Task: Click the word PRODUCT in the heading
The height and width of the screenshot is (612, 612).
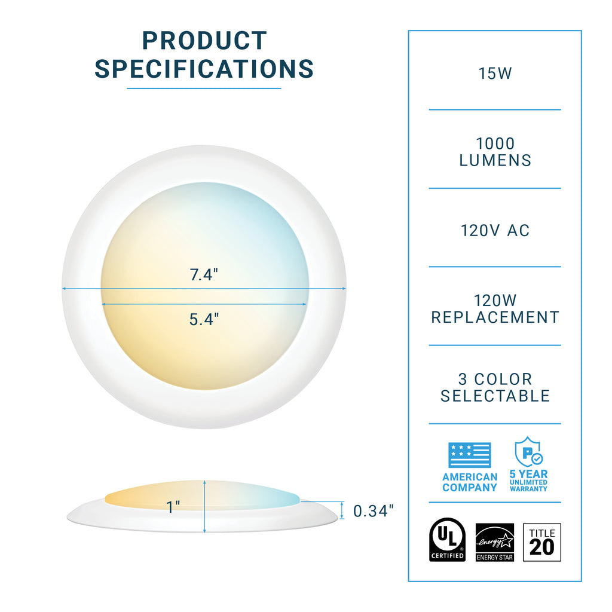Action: point(204,41)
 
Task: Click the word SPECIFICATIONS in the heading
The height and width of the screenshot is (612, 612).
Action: point(204,69)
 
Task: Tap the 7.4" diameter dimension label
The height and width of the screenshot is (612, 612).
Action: point(204,276)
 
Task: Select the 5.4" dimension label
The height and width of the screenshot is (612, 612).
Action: point(204,319)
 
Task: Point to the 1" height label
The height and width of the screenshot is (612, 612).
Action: point(173,507)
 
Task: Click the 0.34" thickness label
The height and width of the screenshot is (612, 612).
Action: point(374,511)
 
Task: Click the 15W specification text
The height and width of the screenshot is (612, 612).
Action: point(495,74)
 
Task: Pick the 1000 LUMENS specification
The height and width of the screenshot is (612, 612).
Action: point(495,152)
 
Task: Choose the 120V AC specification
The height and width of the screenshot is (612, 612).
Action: point(495,231)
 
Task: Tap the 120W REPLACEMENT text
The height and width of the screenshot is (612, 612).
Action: point(495,309)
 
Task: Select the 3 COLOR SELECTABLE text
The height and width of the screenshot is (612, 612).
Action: point(495,387)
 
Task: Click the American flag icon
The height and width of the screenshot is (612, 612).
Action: point(470,455)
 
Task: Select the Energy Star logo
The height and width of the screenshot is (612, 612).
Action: point(494,542)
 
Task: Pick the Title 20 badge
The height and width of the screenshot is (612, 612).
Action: point(542,542)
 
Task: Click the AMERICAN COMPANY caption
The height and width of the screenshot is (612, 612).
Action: point(470,482)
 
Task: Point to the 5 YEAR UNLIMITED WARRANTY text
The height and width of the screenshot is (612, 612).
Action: point(528,481)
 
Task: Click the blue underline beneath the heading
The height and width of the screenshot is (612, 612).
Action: point(204,89)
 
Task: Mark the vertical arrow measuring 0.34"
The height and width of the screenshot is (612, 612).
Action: point(342,510)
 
